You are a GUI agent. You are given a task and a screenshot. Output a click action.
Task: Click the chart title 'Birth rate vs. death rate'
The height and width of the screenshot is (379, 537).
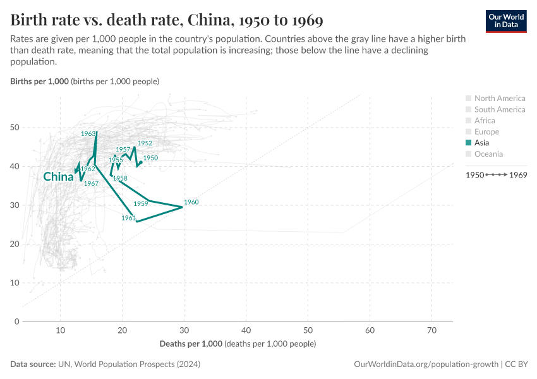(x=167, y=20)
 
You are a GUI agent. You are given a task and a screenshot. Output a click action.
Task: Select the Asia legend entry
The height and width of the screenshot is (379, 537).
(x=486, y=143)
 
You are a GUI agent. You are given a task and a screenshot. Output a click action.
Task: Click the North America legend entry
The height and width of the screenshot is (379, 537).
(x=499, y=98)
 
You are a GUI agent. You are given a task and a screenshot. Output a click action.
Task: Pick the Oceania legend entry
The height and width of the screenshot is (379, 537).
(x=488, y=153)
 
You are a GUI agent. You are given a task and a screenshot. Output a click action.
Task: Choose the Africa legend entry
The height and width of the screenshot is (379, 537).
(x=485, y=120)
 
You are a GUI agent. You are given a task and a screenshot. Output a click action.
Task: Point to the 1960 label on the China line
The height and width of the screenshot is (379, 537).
(x=191, y=202)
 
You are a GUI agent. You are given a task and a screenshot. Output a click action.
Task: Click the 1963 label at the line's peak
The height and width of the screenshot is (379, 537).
(x=88, y=134)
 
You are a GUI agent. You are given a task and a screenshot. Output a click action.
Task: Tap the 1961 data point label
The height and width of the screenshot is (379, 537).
(x=129, y=218)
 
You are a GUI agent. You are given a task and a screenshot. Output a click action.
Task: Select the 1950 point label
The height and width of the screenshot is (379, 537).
(x=150, y=158)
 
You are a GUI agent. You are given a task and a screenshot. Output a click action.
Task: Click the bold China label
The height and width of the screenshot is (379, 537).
(x=58, y=177)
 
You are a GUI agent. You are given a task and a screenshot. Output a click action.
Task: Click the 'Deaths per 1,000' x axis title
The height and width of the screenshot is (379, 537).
(x=190, y=344)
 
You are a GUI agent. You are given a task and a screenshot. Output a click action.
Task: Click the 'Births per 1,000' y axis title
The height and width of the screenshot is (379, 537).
(x=39, y=81)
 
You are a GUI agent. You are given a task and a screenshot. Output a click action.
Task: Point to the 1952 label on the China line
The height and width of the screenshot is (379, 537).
(x=145, y=143)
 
